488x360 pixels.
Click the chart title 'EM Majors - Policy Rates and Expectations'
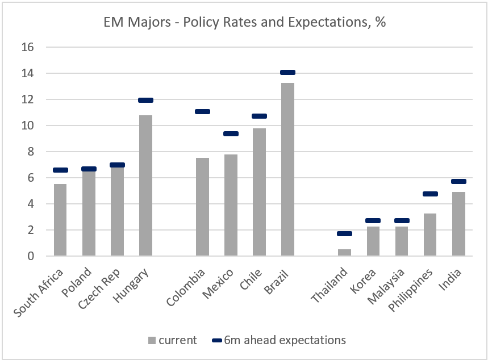click(x=244, y=23)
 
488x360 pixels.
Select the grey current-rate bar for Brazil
click(x=287, y=169)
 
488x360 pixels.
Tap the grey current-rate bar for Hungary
click(x=145, y=185)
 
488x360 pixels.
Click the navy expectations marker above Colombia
click(x=202, y=111)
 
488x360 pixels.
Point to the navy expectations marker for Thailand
click(x=344, y=233)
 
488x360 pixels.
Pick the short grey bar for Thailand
click(x=344, y=253)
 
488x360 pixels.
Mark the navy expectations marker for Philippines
click(x=430, y=194)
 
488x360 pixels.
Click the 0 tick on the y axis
click(x=31, y=256)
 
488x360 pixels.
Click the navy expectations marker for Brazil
click(x=287, y=72)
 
